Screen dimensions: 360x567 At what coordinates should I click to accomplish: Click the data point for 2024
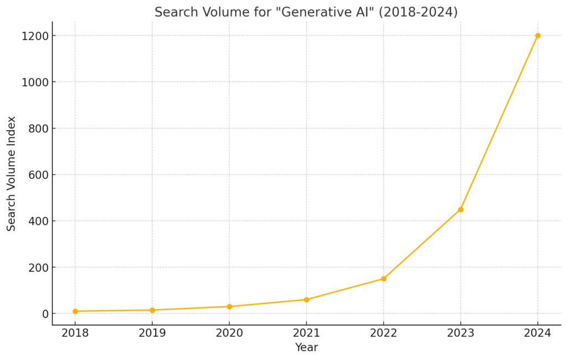(x=538, y=35)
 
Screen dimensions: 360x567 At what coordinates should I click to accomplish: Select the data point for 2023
(x=461, y=209)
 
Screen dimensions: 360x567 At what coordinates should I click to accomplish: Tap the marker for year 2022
(x=383, y=279)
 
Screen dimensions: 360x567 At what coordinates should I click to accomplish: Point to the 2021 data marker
(x=306, y=300)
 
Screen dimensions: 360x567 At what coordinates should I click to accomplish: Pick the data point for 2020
(x=229, y=306)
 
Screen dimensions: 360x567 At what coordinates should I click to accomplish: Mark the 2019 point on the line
(x=152, y=310)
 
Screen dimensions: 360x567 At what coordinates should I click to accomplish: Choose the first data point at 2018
(x=75, y=311)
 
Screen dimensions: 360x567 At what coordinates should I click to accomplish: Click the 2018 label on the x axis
(x=75, y=333)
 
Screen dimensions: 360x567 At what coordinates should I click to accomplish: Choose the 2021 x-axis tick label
(x=306, y=333)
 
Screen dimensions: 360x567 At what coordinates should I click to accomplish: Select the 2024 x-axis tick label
(x=538, y=333)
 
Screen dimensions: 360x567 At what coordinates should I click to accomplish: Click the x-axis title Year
(x=306, y=348)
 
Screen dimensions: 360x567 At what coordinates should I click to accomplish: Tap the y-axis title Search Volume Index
(x=12, y=173)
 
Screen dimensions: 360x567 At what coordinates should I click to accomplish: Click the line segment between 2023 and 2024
(x=499, y=122)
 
